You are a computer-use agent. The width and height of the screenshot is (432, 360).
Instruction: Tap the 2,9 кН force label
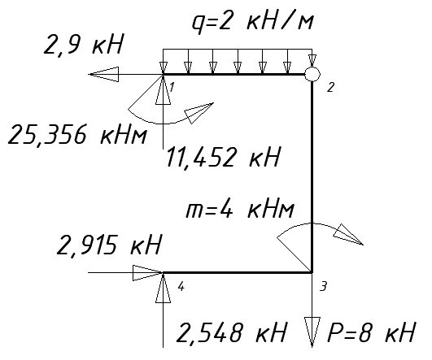pos(83,45)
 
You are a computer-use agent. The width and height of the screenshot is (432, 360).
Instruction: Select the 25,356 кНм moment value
pos(77,135)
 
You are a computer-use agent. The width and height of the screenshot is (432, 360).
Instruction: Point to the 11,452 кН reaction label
pos(223,157)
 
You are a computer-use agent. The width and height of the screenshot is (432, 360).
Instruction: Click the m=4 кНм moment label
pos(239,210)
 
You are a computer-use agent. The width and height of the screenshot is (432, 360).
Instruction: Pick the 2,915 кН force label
pos(108,245)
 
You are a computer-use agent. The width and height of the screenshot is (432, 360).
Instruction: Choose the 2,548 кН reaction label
pos(231,332)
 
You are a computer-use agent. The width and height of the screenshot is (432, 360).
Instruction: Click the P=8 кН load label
pos(371,332)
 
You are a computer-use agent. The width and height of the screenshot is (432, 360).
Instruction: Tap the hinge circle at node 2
pos(312,74)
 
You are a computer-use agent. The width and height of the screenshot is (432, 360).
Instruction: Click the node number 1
pos(172,88)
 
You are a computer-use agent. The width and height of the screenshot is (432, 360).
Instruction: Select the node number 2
pos(330,88)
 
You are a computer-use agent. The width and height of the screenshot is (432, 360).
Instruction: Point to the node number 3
pos(323,286)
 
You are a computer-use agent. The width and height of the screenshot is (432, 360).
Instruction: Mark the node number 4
pos(181,287)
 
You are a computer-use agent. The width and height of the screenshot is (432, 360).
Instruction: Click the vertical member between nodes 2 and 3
pos(312,177)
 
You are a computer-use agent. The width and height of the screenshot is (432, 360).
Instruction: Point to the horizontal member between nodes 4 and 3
pos(238,273)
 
